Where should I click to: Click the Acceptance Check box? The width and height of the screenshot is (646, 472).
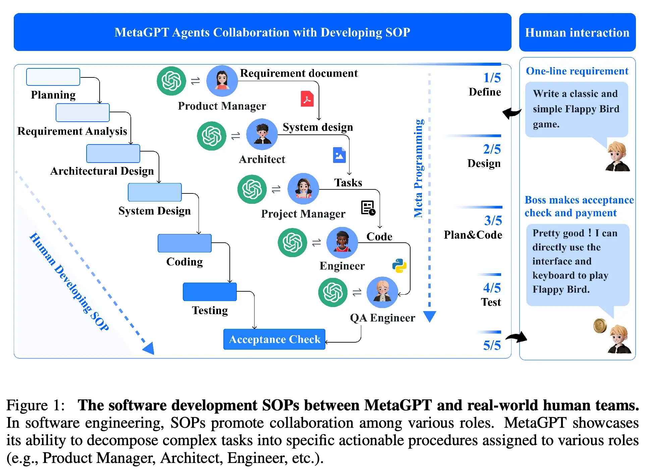coord(274,339)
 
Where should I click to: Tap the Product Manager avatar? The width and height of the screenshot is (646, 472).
coord(222,81)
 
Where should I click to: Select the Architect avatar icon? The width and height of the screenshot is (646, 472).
coord(262,134)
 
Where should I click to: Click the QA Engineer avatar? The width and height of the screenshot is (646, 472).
coord(382,292)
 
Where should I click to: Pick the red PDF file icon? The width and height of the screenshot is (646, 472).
coord(307,99)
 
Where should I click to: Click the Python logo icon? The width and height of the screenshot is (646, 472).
coord(399,265)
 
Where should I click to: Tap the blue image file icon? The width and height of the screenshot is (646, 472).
coord(339,155)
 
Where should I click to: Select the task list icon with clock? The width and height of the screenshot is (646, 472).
coord(368,208)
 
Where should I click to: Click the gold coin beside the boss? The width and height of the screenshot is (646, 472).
coord(600,326)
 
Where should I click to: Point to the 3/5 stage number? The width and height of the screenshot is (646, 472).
coord(493,221)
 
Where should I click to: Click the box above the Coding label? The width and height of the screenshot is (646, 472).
coord(184,243)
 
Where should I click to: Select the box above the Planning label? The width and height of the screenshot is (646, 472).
coord(53,77)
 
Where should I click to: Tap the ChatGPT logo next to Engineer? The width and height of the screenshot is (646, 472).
coord(292,242)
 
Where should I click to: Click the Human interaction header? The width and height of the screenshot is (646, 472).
coord(577,33)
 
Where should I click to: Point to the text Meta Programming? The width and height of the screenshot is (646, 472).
coord(418,168)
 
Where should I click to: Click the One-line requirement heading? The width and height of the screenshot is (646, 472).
coord(577,71)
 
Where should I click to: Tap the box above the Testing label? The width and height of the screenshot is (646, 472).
coord(210,292)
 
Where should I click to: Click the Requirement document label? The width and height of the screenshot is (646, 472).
coord(299,73)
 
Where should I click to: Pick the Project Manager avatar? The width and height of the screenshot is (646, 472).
coord(303,189)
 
